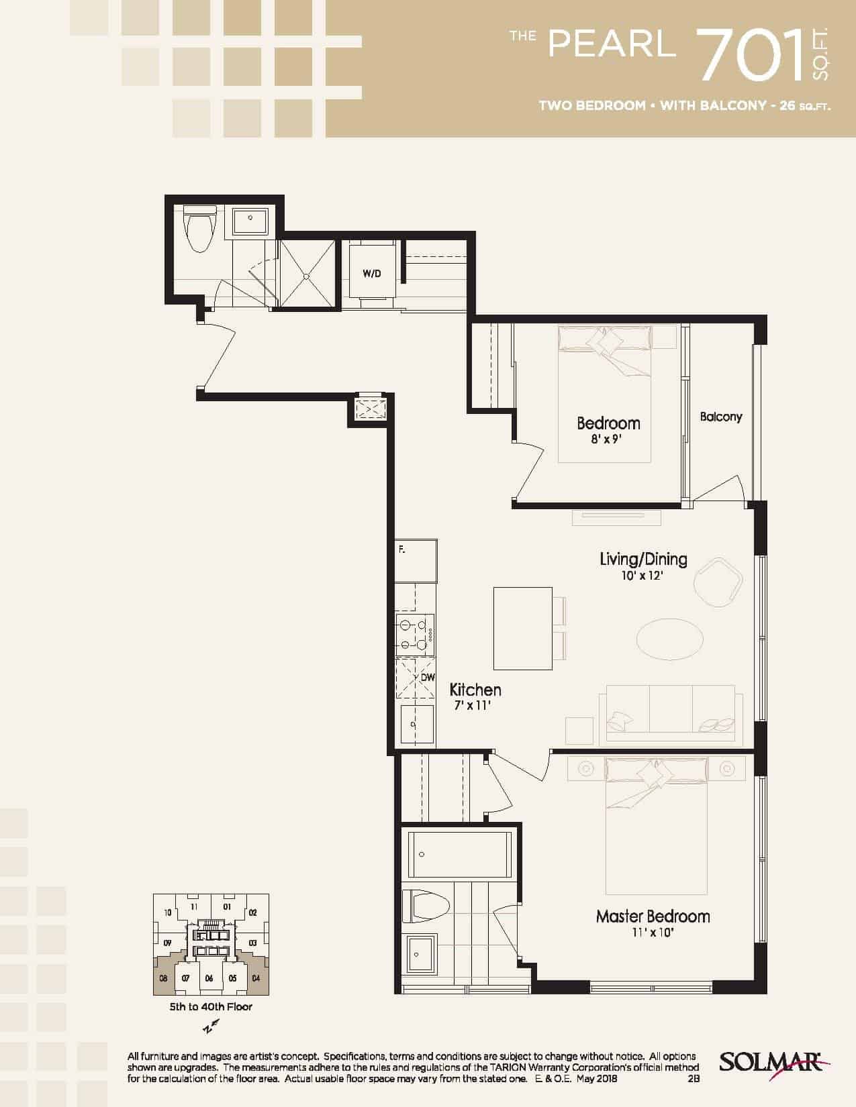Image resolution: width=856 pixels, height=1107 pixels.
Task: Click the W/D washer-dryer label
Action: [x=372, y=274]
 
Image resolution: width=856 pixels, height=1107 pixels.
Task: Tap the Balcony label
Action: [x=721, y=417]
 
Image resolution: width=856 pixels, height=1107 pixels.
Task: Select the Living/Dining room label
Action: [x=643, y=559]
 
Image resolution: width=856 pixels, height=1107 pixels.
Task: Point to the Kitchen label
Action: [x=475, y=690]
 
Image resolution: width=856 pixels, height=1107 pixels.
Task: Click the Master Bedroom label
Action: [x=653, y=916]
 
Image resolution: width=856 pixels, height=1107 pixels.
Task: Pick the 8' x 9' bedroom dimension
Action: [x=607, y=439]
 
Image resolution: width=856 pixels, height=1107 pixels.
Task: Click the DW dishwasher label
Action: [x=428, y=678]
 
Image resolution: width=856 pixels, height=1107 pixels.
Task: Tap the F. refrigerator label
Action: [x=401, y=549]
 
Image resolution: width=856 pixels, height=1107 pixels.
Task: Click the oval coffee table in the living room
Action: [x=669, y=639]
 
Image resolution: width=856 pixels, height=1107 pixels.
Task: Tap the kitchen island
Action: [x=522, y=628]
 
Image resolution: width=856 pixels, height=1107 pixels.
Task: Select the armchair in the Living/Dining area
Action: [x=718, y=581]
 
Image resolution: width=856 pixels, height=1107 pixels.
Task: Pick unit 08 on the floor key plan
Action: [x=164, y=978]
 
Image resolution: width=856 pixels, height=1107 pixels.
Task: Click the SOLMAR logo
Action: [x=773, y=1063]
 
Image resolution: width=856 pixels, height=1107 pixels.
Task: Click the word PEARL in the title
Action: [x=612, y=44]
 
